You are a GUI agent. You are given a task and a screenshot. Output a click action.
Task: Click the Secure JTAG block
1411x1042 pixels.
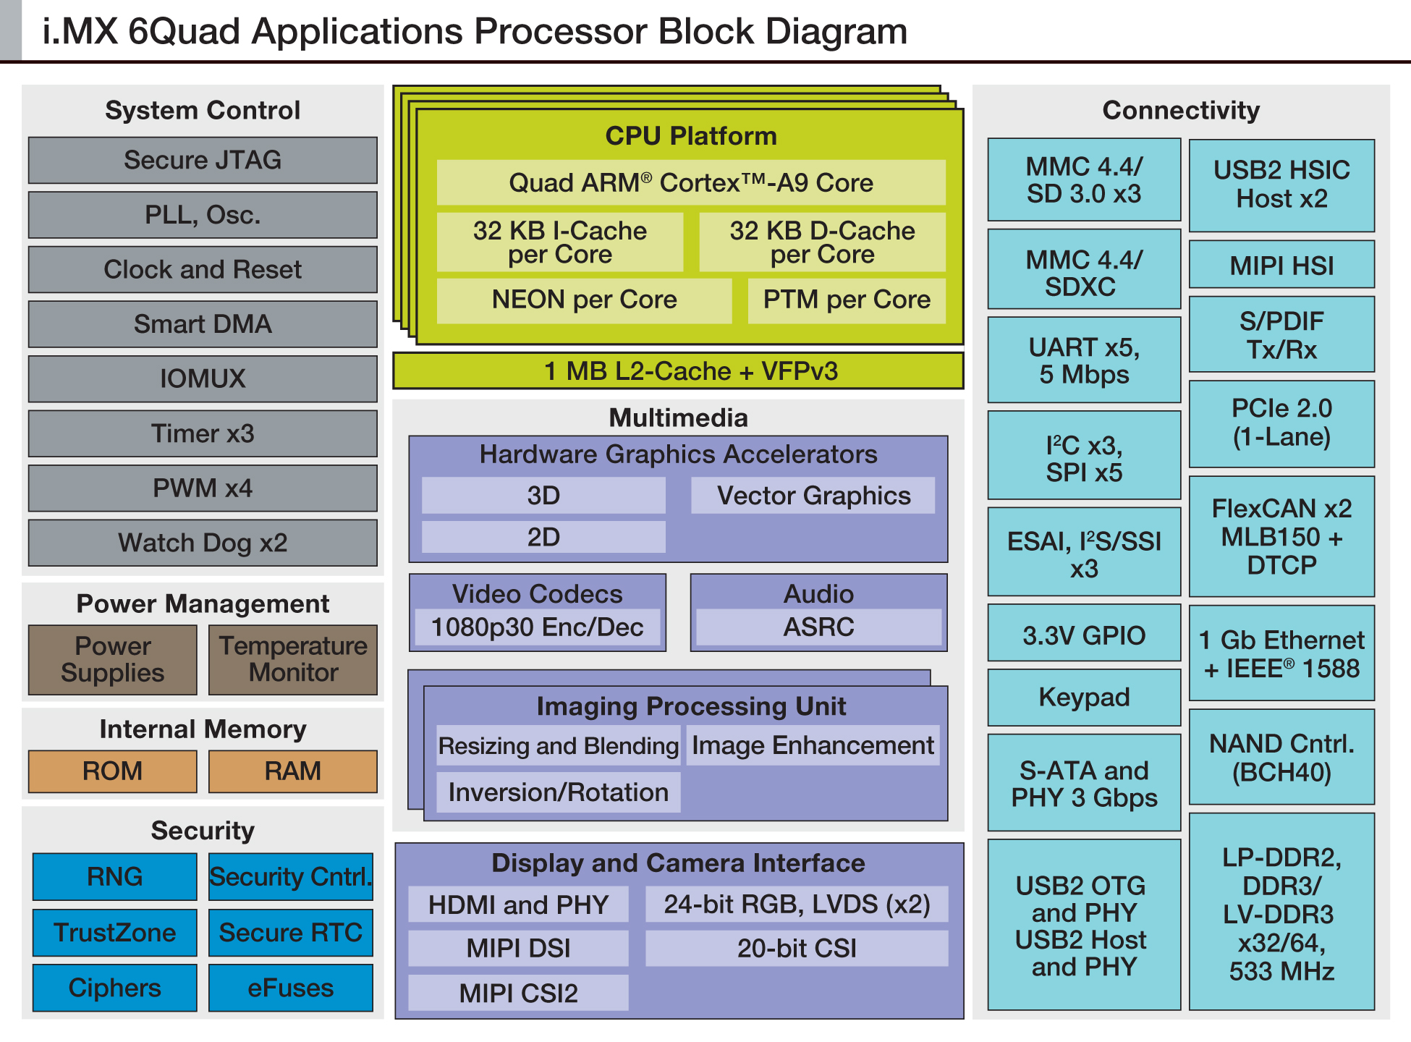[x=203, y=160]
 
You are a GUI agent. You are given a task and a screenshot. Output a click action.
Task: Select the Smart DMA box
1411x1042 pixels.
[x=203, y=324]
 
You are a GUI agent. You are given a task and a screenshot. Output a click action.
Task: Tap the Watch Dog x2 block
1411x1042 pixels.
[x=203, y=543]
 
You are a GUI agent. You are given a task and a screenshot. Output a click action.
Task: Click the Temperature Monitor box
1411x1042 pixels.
[x=293, y=659]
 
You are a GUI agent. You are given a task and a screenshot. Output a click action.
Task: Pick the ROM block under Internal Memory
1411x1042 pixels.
[x=112, y=771]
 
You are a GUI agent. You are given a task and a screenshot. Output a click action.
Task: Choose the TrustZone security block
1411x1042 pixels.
[x=114, y=933]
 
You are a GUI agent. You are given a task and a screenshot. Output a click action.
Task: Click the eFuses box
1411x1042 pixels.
[x=291, y=988]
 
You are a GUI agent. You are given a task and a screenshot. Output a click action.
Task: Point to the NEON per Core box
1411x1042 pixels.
[x=584, y=300]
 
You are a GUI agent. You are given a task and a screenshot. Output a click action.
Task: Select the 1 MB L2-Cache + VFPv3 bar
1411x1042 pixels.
[x=678, y=371]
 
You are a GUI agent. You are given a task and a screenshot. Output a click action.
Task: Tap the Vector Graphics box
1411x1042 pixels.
[x=813, y=496]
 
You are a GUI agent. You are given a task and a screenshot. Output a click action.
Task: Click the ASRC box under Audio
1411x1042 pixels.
[x=818, y=627]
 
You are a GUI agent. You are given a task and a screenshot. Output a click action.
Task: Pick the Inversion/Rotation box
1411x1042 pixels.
[x=558, y=792]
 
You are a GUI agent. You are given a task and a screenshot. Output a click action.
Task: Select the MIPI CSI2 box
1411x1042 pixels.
[x=518, y=993]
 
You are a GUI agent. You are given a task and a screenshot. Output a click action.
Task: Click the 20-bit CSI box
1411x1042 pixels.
[x=797, y=948]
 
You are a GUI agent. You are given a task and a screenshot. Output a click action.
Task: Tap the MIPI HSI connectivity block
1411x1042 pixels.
[x=1281, y=266]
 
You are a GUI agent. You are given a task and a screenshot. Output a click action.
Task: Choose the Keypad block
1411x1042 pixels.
[x=1084, y=697]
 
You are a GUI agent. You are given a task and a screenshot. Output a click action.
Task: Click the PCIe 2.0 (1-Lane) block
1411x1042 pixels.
[x=1281, y=423]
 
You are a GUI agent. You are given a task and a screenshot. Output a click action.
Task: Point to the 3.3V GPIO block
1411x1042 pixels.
[x=1084, y=635]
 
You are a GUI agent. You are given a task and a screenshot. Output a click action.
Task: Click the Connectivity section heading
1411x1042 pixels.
[x=1181, y=110]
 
